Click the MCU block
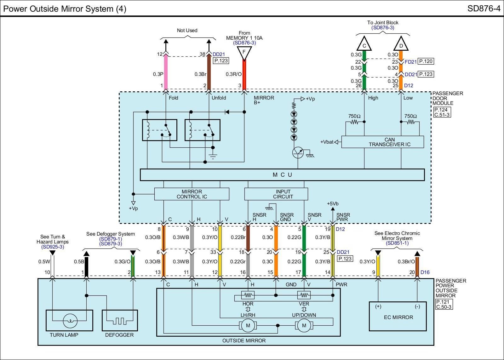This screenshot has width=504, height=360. coord(282,175)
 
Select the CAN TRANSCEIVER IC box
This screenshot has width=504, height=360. coord(382,142)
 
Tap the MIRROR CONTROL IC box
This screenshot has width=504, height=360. coord(192,194)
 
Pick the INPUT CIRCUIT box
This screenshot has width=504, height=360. coord(276,194)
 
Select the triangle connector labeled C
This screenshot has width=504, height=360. coord(364,45)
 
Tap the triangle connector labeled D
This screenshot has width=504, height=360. coord(401,45)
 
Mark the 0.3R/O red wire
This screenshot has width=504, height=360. coord(244,74)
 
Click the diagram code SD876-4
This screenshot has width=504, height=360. coord(484,9)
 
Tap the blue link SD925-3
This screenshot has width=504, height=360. coord(53,247)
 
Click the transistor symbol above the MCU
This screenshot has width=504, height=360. coord(298,152)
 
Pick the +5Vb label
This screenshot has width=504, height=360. coord(333,203)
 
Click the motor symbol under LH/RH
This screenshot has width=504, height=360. coord(248,325)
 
